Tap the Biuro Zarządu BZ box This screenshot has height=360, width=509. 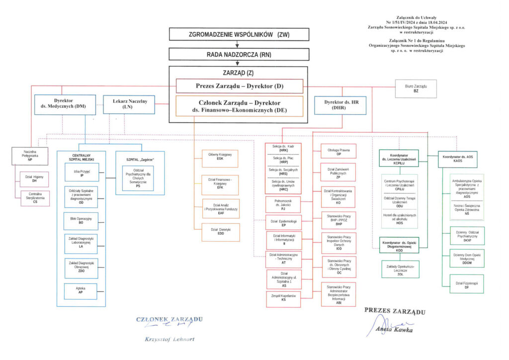coord(416,89)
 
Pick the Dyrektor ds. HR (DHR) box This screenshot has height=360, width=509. coord(342,105)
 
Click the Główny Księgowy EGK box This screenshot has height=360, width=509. coord(221,157)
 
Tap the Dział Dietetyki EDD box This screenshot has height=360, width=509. coord(221,232)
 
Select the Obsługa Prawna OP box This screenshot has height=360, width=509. coord(339,152)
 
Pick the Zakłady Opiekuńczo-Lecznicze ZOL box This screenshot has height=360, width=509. coord(399,270)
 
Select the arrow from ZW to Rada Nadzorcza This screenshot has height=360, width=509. coord(238,44)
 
